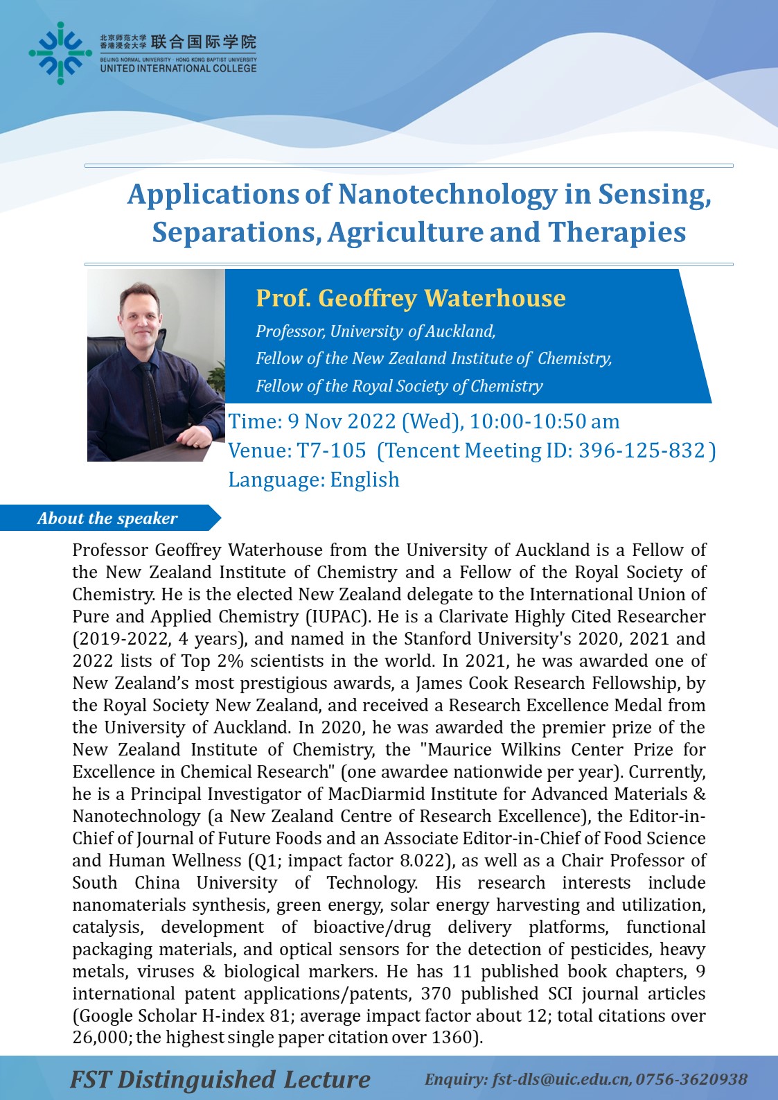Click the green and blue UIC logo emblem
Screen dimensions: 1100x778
(x=60, y=53)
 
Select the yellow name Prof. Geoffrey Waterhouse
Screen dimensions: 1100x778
(x=410, y=298)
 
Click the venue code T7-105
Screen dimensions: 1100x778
(x=331, y=451)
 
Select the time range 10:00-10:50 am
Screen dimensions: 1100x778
(x=545, y=421)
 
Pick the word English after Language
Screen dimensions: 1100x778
(x=364, y=480)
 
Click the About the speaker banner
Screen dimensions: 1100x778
(x=107, y=518)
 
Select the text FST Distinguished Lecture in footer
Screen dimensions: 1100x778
(x=220, y=1079)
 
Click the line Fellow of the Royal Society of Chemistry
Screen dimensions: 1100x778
(x=399, y=386)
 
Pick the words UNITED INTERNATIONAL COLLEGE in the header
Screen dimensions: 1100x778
(x=178, y=69)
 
